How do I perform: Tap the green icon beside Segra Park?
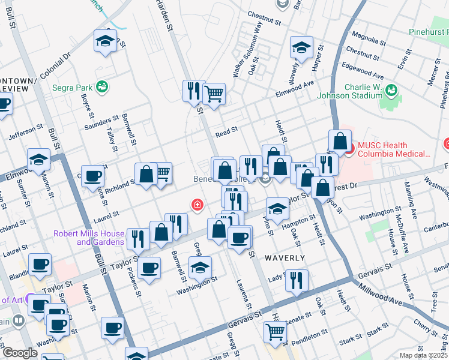pos(103,87)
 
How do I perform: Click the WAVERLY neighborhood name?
pos(285,257)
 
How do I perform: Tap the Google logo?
pos(19,353)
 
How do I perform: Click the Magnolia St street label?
pos(368,42)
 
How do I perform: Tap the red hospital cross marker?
pos(196,205)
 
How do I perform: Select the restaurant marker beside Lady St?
pos(297,280)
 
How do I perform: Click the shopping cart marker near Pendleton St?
pos(275,332)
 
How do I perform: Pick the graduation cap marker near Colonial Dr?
pos(105,41)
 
